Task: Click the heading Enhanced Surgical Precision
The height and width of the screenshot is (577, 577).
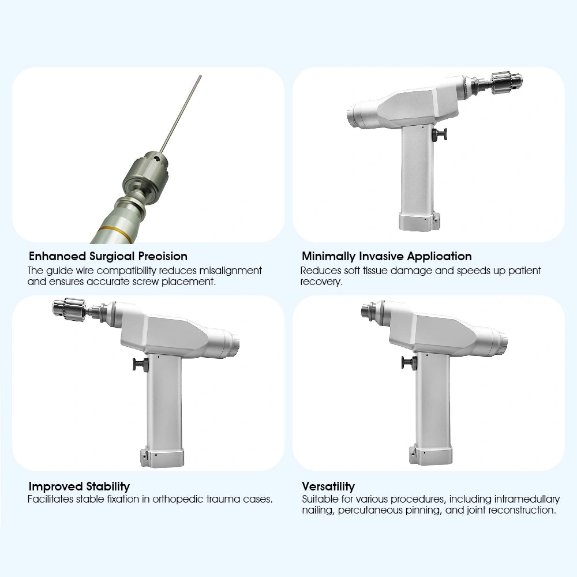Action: pyautogui.click(x=108, y=256)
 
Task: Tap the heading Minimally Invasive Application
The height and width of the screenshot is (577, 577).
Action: pyautogui.click(x=387, y=256)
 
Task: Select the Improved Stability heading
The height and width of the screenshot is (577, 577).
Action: pyautogui.click(x=79, y=486)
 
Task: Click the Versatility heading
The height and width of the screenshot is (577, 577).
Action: pyautogui.click(x=328, y=486)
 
